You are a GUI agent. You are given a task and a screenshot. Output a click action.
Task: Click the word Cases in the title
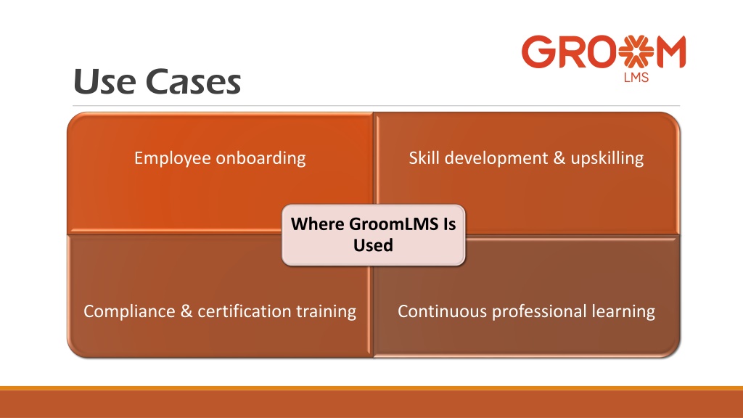(x=193, y=81)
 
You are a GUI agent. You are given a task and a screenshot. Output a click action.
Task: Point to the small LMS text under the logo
(x=636, y=77)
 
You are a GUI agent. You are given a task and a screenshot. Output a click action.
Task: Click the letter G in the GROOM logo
(x=538, y=52)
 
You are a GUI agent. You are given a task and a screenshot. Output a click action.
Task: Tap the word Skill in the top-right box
(x=424, y=157)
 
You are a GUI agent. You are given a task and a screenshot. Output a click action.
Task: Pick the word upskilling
(x=607, y=158)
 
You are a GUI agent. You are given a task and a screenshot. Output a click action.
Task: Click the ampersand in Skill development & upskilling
(x=559, y=157)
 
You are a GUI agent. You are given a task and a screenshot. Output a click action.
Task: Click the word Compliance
(x=129, y=311)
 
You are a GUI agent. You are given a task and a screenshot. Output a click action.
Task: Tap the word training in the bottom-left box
(x=326, y=311)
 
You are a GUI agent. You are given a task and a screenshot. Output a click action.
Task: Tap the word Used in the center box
(x=374, y=245)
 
